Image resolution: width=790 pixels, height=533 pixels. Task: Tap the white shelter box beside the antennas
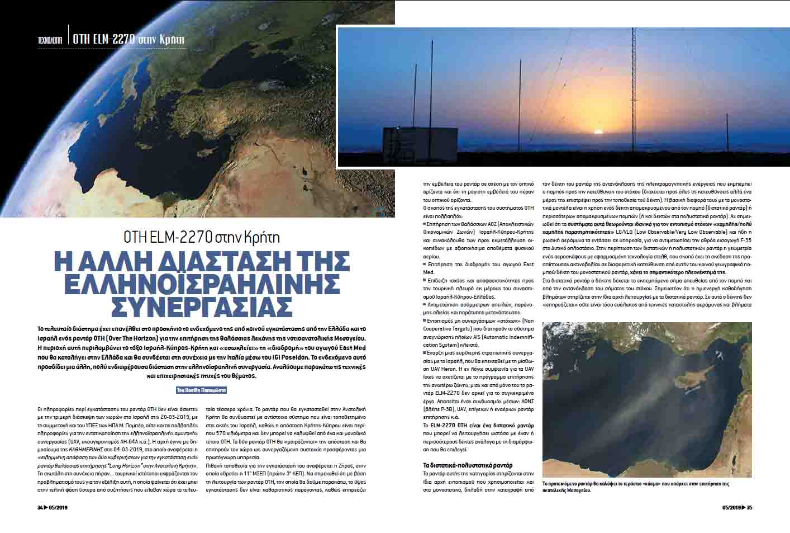pos(410,147)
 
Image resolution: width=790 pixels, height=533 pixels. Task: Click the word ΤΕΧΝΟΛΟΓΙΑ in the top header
pos(49,40)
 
